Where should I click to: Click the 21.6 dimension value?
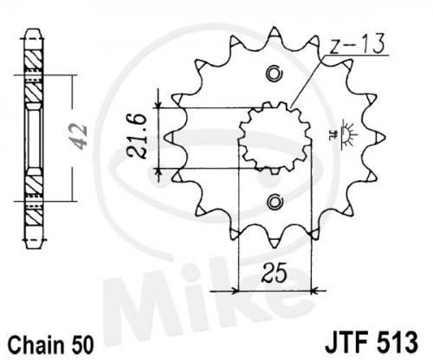pyautogui.click(x=137, y=136)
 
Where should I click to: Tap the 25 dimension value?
pyautogui.click(x=275, y=273)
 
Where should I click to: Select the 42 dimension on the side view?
pyautogui.click(x=79, y=137)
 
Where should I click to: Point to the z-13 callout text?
pyautogui.click(x=357, y=44)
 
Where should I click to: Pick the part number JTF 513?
pyautogui.click(x=372, y=342)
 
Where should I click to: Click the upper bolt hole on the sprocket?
pyautogui.click(x=274, y=74)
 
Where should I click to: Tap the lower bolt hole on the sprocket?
pyautogui.click(x=274, y=202)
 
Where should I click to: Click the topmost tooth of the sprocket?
pyautogui.click(x=275, y=33)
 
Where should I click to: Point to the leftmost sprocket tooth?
pyautogui.click(x=170, y=138)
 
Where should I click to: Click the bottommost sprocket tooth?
pyautogui.click(x=275, y=242)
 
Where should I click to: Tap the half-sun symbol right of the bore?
pyautogui.click(x=346, y=135)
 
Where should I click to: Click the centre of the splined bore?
pyautogui.click(x=275, y=138)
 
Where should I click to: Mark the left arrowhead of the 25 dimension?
pyautogui.click(x=235, y=291)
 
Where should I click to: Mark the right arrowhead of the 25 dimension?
pyautogui.click(x=315, y=291)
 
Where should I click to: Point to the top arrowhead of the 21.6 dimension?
pyautogui.click(x=158, y=104)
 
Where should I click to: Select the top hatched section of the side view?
pyautogui.click(x=34, y=60)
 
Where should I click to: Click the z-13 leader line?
pyautogui.click(x=307, y=82)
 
